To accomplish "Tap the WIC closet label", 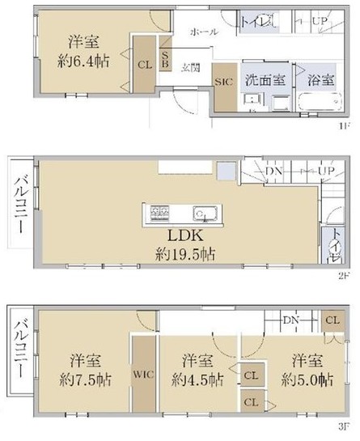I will pos(143,375).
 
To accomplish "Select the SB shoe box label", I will pos(165,59).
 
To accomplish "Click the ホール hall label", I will pos(201,32).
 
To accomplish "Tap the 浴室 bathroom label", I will pos(321,80).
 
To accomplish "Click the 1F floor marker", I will pos(344,127).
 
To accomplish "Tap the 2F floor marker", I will pos(344,276).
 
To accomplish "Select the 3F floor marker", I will pos(344,426).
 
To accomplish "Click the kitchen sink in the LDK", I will pos(202,214).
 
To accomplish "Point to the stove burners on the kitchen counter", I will pos(158,214).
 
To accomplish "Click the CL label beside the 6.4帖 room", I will pos(144,64).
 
